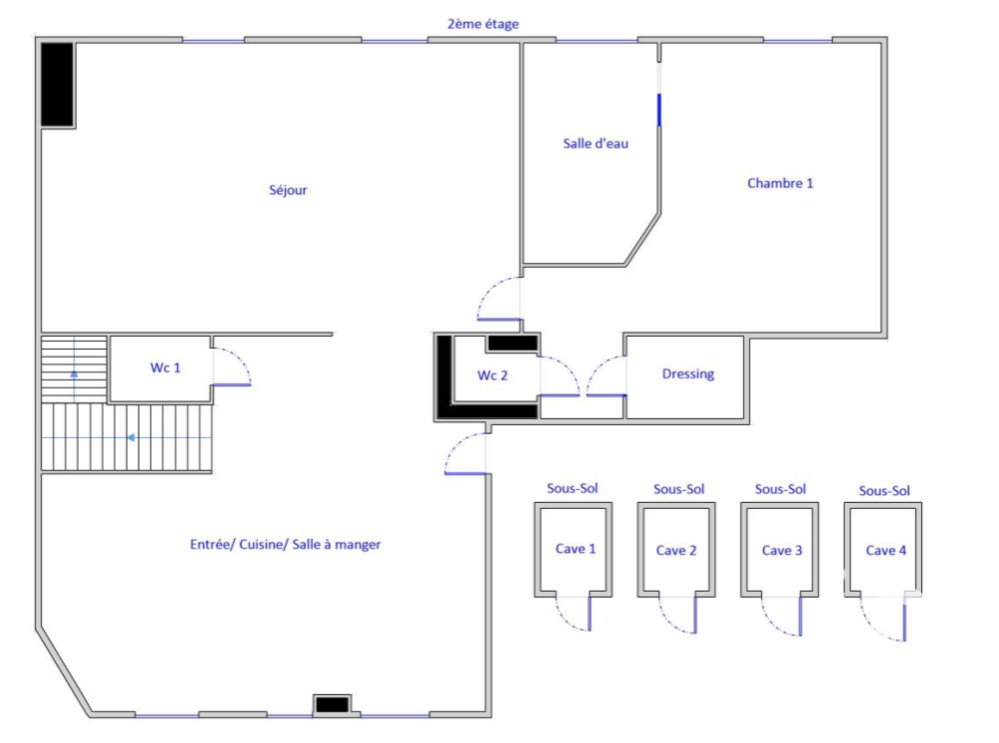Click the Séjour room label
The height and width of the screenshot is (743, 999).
click(x=288, y=190)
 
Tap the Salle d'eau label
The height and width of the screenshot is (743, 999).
click(x=595, y=143)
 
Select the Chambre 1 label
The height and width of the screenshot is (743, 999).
click(x=780, y=183)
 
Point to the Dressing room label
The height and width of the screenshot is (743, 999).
click(x=688, y=374)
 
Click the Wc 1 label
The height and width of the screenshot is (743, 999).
click(x=166, y=368)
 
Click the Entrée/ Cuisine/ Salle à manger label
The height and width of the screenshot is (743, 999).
click(x=286, y=545)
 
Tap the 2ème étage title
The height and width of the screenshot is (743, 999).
click(x=484, y=23)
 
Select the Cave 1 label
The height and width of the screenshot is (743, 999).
click(x=575, y=549)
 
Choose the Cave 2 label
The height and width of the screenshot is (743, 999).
click(x=676, y=550)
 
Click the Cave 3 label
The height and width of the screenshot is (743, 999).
click(x=782, y=550)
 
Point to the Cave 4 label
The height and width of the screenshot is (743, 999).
click(x=886, y=550)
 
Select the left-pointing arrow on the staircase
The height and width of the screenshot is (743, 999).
click(x=131, y=437)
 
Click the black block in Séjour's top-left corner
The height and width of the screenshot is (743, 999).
click(x=57, y=85)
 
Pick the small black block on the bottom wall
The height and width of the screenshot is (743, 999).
click(x=332, y=705)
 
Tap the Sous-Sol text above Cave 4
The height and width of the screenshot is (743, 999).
click(x=885, y=490)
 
